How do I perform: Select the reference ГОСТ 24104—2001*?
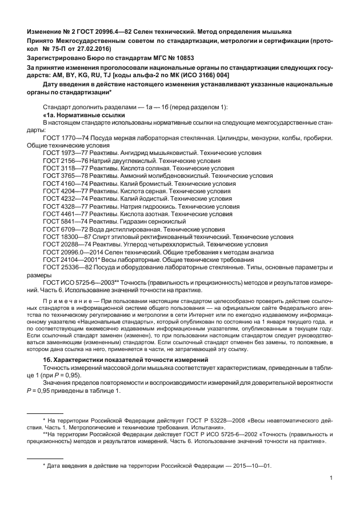coord(71,260)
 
